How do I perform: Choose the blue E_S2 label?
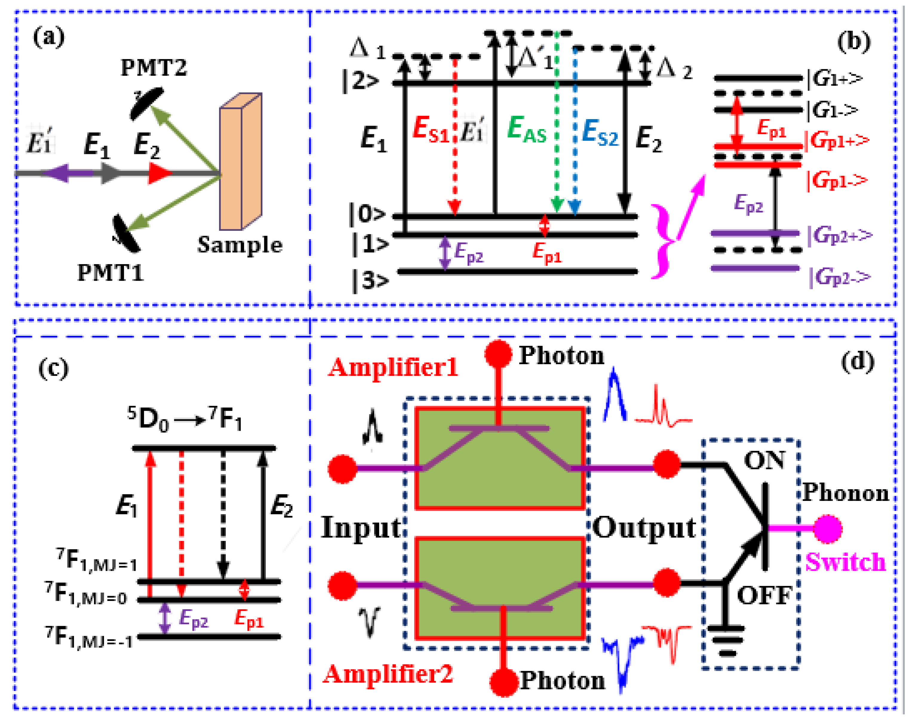[x=600, y=132]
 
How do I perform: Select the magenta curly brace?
[x=664, y=241]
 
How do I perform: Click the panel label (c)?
[x=53, y=368]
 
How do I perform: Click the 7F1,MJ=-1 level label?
[x=90, y=638]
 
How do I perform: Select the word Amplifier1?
[x=393, y=367]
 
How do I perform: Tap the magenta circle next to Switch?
[x=828, y=529]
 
